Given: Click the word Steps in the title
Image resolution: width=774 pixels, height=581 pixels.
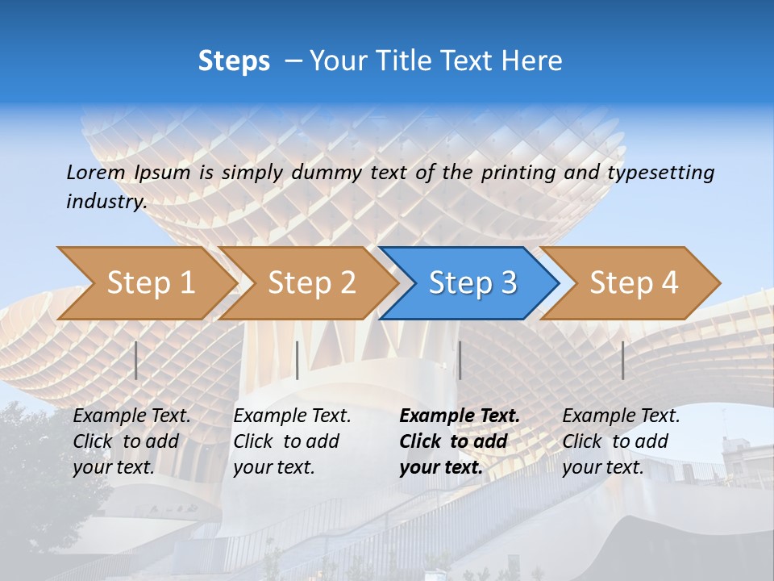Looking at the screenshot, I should [x=234, y=61].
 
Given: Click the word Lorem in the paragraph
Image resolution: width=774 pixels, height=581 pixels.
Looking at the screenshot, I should [x=96, y=172].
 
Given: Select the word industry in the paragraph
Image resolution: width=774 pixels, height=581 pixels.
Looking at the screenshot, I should [x=106, y=202].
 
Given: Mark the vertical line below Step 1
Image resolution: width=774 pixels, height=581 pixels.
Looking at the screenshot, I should [x=136, y=361].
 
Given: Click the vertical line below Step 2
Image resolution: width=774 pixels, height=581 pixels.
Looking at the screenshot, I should [x=298, y=361].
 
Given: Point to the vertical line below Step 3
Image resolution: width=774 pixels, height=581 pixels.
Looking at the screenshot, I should [x=460, y=361].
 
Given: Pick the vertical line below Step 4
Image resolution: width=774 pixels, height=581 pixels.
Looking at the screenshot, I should [x=622, y=361].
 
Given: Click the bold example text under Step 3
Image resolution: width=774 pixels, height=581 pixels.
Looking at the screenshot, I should [x=460, y=441].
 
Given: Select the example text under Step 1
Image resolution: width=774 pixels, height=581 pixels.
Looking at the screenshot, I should [x=131, y=441].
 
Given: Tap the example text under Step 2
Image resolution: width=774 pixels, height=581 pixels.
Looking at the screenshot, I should [x=292, y=441].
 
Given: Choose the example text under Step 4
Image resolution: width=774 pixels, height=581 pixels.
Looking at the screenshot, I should [x=621, y=441].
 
